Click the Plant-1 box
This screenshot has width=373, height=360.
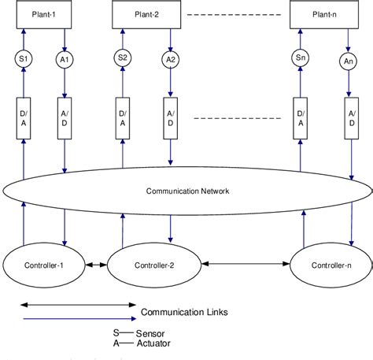tap(44, 14)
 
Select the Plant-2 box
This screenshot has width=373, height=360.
tap(146, 14)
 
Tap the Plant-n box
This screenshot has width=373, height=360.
tap(324, 14)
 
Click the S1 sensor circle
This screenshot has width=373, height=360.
tap(24, 59)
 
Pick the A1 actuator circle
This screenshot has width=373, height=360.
tap(65, 60)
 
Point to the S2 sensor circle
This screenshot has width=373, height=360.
tap(123, 58)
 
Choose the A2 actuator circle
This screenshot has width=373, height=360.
tap(171, 60)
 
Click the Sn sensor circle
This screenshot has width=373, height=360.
tap(301, 58)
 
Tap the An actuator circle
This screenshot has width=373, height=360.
tap(349, 61)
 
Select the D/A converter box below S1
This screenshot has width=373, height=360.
tap(24, 118)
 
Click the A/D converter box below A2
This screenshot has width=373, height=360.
tap(171, 118)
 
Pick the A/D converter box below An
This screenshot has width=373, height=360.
tap(352, 118)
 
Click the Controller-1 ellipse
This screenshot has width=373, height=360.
tap(44, 265)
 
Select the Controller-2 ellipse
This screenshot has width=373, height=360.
tap(154, 265)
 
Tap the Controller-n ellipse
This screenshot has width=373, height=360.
tap(331, 265)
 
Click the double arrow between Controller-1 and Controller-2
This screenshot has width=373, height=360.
tap(96, 265)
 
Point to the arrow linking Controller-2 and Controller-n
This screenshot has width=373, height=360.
tap(246, 264)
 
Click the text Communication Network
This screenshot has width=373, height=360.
tap(187, 191)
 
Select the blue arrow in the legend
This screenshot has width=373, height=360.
tap(79, 319)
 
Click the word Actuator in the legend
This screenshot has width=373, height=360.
tap(153, 343)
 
